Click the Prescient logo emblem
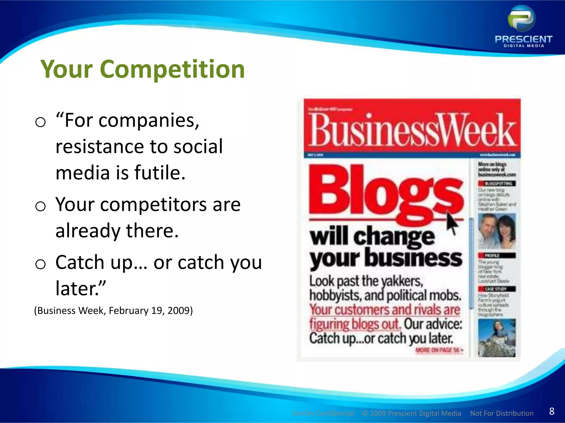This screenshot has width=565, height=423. tap(521, 19)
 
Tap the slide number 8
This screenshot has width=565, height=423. tap(551, 411)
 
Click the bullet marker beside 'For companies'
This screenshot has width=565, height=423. tap(41, 122)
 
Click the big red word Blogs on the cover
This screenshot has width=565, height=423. tap(386, 193)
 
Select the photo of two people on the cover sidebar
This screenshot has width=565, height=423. tap(497, 231)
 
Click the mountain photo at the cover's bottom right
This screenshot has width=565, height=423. tap(497, 338)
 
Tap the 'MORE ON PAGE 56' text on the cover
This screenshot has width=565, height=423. tap(439, 350)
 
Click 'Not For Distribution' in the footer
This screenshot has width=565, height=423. tap(502, 413)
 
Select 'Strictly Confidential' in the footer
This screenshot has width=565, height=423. tap(323, 413)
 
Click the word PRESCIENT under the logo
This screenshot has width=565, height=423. tap(523, 39)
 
